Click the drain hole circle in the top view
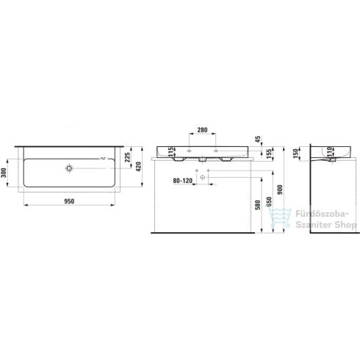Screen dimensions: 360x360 point(69,168)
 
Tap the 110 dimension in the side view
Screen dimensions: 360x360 point(320,151)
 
